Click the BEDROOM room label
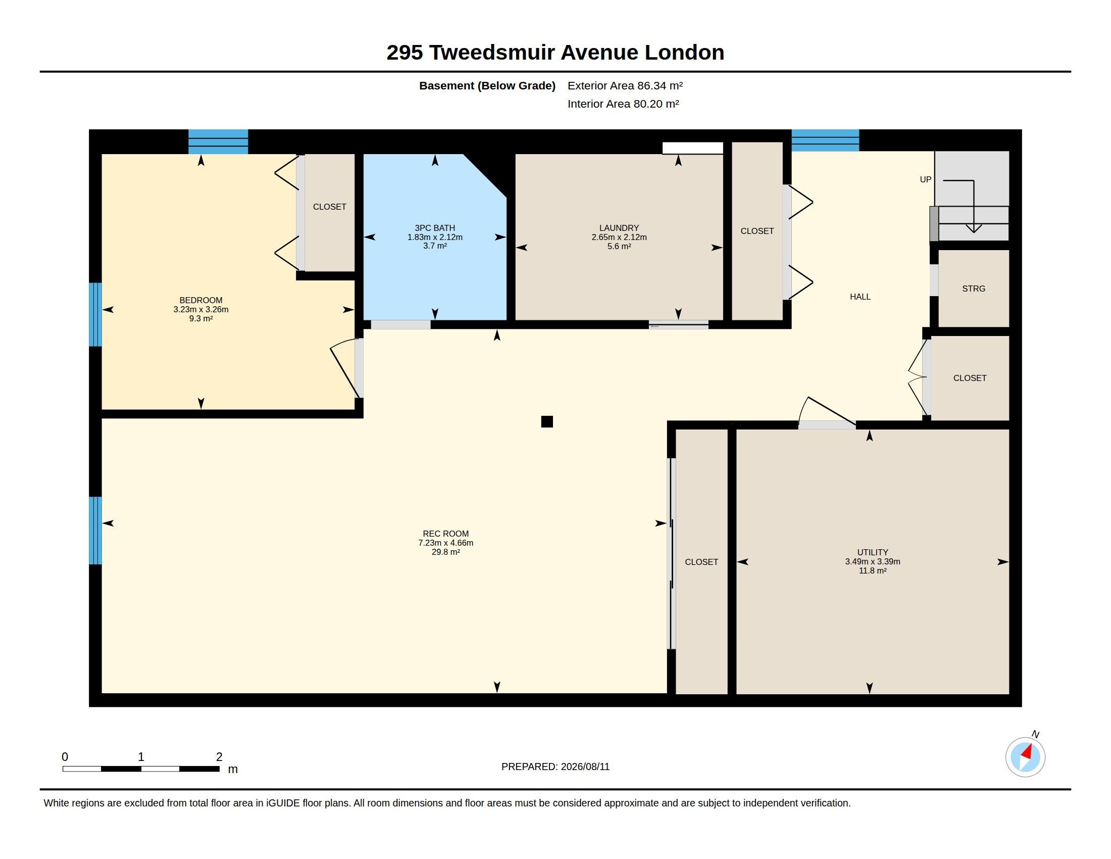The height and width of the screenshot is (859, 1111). pyautogui.click(x=201, y=300)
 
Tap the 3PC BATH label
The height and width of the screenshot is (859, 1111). pyautogui.click(x=435, y=228)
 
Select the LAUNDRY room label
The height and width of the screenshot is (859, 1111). pyautogui.click(x=619, y=228)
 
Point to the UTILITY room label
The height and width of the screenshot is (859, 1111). pyautogui.click(x=873, y=552)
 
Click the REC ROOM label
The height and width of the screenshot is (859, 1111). pyautogui.click(x=445, y=534)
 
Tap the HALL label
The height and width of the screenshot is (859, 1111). pyautogui.click(x=860, y=297)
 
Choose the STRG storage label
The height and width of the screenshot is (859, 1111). pyautogui.click(x=974, y=289)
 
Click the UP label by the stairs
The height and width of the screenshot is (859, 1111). pyautogui.click(x=925, y=180)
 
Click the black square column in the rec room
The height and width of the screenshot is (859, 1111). pyautogui.click(x=547, y=421)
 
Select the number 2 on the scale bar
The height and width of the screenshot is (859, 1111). pyautogui.click(x=219, y=757)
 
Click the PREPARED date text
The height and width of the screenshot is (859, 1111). pyautogui.click(x=555, y=767)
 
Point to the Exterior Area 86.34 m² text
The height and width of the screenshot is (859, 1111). pyautogui.click(x=625, y=85)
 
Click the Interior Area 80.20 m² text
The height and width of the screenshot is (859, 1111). pyautogui.click(x=623, y=104)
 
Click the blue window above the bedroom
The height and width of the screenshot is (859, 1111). pyautogui.click(x=218, y=141)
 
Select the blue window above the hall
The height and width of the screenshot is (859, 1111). pyautogui.click(x=825, y=140)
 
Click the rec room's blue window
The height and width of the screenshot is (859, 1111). pyautogui.click(x=95, y=531)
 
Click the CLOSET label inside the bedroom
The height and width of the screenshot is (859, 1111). pyautogui.click(x=330, y=207)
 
